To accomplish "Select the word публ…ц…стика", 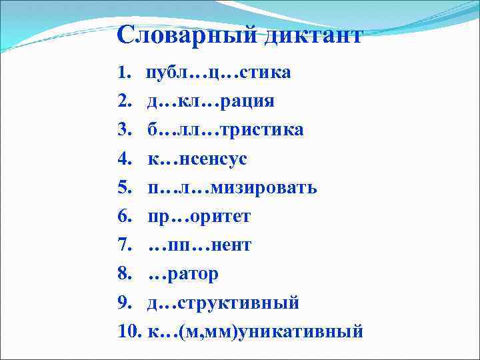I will click(x=219, y=72).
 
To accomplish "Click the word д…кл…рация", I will click(x=211, y=101).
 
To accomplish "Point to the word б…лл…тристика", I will click(x=225, y=129).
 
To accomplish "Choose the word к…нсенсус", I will click(x=197, y=159).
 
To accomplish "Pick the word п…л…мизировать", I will click(x=232, y=187).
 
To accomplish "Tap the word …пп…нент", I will click(x=199, y=245).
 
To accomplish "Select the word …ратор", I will click(x=183, y=274).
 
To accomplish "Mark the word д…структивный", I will click(x=223, y=303).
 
